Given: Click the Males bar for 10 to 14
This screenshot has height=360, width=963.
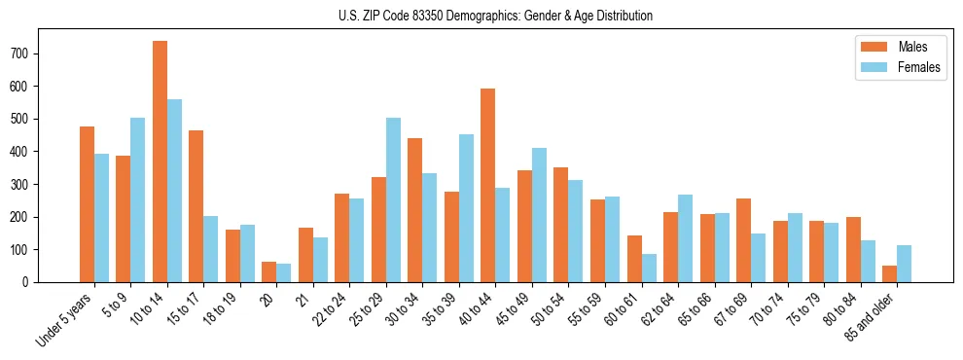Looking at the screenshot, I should pyautogui.click(x=160, y=162).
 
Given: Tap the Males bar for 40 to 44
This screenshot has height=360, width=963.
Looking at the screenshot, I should pyautogui.click(x=488, y=185).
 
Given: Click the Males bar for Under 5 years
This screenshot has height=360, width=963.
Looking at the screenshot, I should pyautogui.click(x=87, y=204).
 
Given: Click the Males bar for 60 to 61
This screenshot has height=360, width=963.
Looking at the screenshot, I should pyautogui.click(x=634, y=259).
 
